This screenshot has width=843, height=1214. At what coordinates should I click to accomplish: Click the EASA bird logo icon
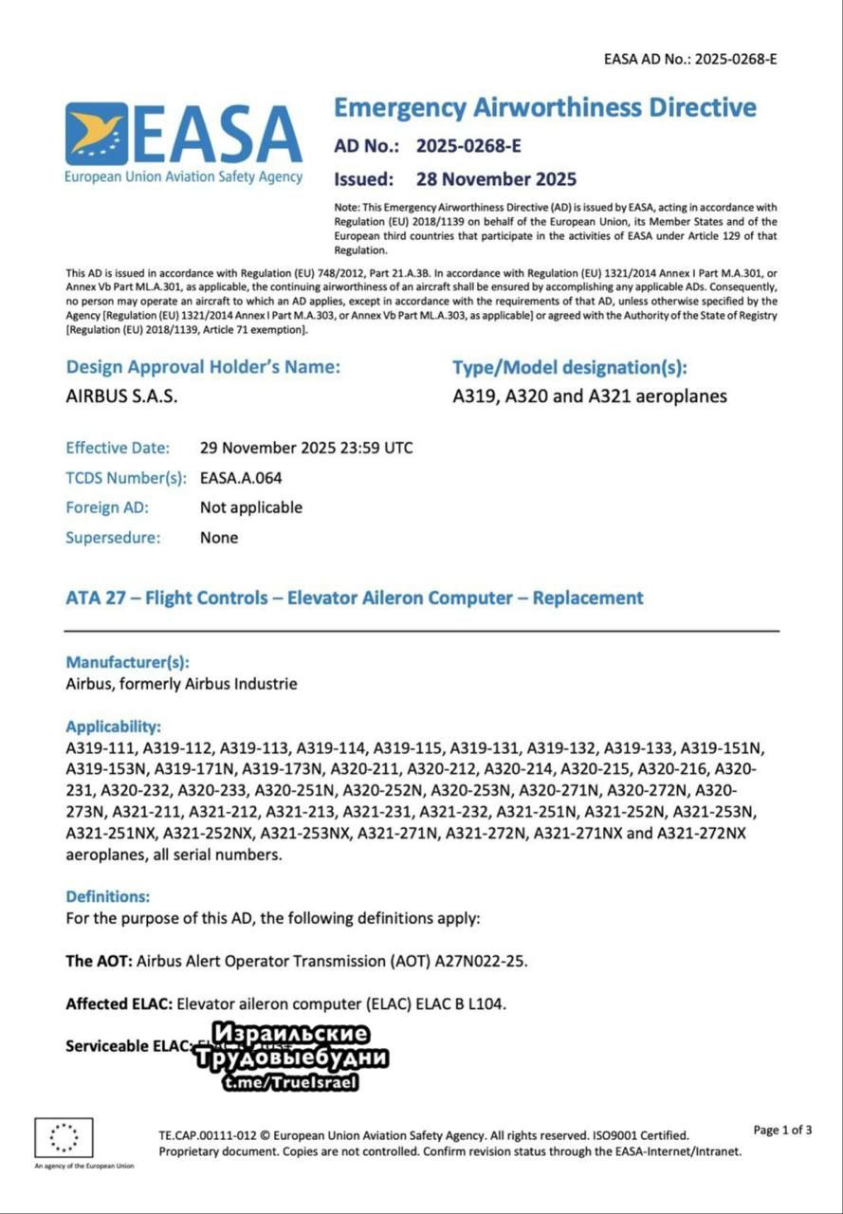click(97, 134)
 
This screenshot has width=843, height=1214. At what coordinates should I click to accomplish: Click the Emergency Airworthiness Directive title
click(544, 107)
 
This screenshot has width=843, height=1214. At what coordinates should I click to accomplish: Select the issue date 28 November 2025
click(496, 179)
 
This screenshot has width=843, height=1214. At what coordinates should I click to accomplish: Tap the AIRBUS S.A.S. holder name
click(121, 396)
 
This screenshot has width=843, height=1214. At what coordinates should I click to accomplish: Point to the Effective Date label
click(118, 448)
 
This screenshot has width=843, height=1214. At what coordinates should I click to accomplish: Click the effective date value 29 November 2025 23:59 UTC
click(306, 448)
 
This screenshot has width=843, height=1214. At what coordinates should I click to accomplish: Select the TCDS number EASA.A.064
click(241, 478)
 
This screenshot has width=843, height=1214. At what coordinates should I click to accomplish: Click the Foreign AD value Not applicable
click(251, 507)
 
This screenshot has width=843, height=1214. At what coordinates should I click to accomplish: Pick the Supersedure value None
click(219, 538)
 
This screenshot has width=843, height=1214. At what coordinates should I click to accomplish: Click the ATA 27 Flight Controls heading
click(355, 598)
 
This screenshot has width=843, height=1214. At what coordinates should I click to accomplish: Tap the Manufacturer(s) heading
click(127, 662)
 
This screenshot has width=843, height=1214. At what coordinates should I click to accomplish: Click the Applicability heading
click(113, 727)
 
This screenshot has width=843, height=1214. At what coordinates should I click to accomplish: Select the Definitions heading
click(108, 895)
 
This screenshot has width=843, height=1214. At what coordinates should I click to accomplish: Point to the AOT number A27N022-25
click(481, 961)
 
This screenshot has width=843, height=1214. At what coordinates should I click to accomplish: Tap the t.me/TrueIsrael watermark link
click(291, 1082)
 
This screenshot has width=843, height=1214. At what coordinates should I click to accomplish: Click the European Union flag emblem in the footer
click(64, 1137)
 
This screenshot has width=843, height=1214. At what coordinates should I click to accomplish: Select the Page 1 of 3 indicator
click(782, 1130)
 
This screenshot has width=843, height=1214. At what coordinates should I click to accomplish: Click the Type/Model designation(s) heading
click(570, 367)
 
